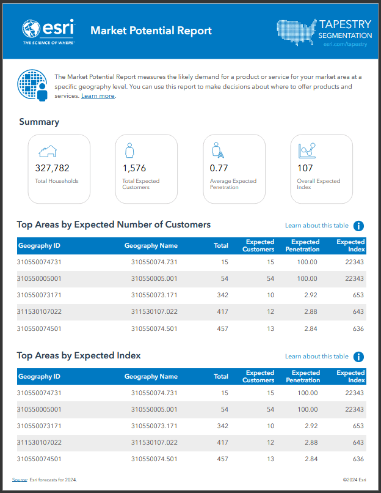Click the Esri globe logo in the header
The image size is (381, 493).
click(31, 28)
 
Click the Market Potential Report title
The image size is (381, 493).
click(151, 31)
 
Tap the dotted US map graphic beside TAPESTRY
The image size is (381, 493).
click(297, 32)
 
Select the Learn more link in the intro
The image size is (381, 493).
click(98, 96)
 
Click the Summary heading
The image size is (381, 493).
click(39, 122)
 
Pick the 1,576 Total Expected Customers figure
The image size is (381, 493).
click(134, 168)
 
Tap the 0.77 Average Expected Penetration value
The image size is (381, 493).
click(219, 168)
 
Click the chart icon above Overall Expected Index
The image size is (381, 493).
click(307, 150)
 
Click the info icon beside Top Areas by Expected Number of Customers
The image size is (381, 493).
click(359, 226)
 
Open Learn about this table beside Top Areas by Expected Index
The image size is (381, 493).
click(317, 357)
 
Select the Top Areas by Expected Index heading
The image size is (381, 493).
click(79, 355)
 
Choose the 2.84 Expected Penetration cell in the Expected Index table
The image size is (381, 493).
click(311, 459)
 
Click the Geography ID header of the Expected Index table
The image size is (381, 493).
click(39, 377)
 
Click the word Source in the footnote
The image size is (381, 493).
click(19, 480)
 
